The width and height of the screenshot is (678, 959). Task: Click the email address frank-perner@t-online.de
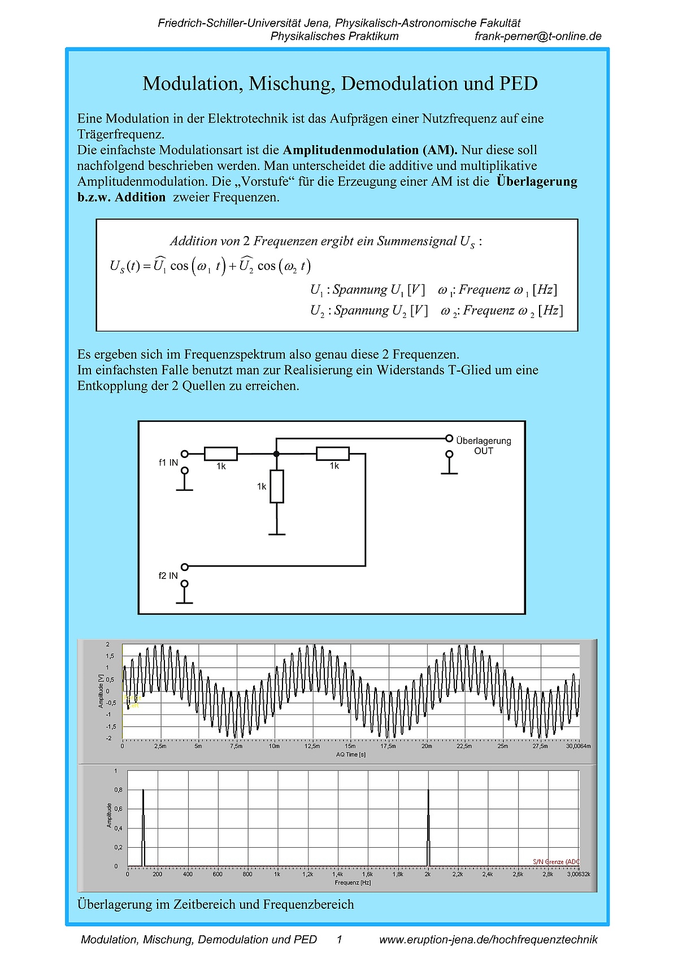538,36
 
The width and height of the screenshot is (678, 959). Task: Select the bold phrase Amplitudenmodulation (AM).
370,150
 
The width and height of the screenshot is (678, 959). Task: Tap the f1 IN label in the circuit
168,463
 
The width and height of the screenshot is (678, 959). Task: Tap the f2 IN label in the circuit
168,576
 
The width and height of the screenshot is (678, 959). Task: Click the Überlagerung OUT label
483,446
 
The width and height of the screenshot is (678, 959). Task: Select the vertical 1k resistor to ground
276,486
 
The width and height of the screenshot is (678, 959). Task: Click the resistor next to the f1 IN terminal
220,454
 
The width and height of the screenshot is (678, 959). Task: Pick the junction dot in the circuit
276,454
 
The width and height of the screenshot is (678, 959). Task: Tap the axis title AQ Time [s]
351,755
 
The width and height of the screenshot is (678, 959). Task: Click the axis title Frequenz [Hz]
353,882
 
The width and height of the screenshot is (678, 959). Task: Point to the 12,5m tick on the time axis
312,746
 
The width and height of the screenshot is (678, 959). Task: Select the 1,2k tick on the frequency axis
307,874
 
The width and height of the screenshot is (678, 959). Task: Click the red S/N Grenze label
556,862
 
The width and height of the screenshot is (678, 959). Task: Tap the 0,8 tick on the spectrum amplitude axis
118,790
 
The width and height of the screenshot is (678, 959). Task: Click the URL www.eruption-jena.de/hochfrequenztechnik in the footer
488,939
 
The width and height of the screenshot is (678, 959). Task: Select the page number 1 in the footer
340,939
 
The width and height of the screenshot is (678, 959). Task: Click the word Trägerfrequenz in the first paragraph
120,134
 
